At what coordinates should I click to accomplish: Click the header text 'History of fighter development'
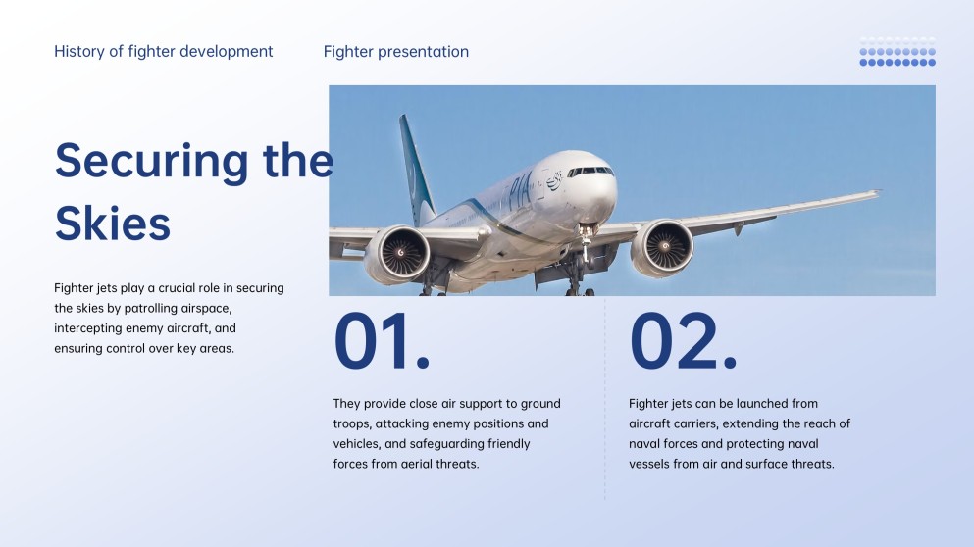(164, 52)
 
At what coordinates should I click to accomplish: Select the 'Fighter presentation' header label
(396, 52)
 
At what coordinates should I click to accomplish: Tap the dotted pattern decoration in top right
(897, 53)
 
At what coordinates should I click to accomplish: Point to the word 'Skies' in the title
(113, 224)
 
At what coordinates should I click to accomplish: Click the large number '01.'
(382, 342)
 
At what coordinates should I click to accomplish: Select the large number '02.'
(683, 342)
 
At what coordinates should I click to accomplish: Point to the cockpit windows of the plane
(590, 172)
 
